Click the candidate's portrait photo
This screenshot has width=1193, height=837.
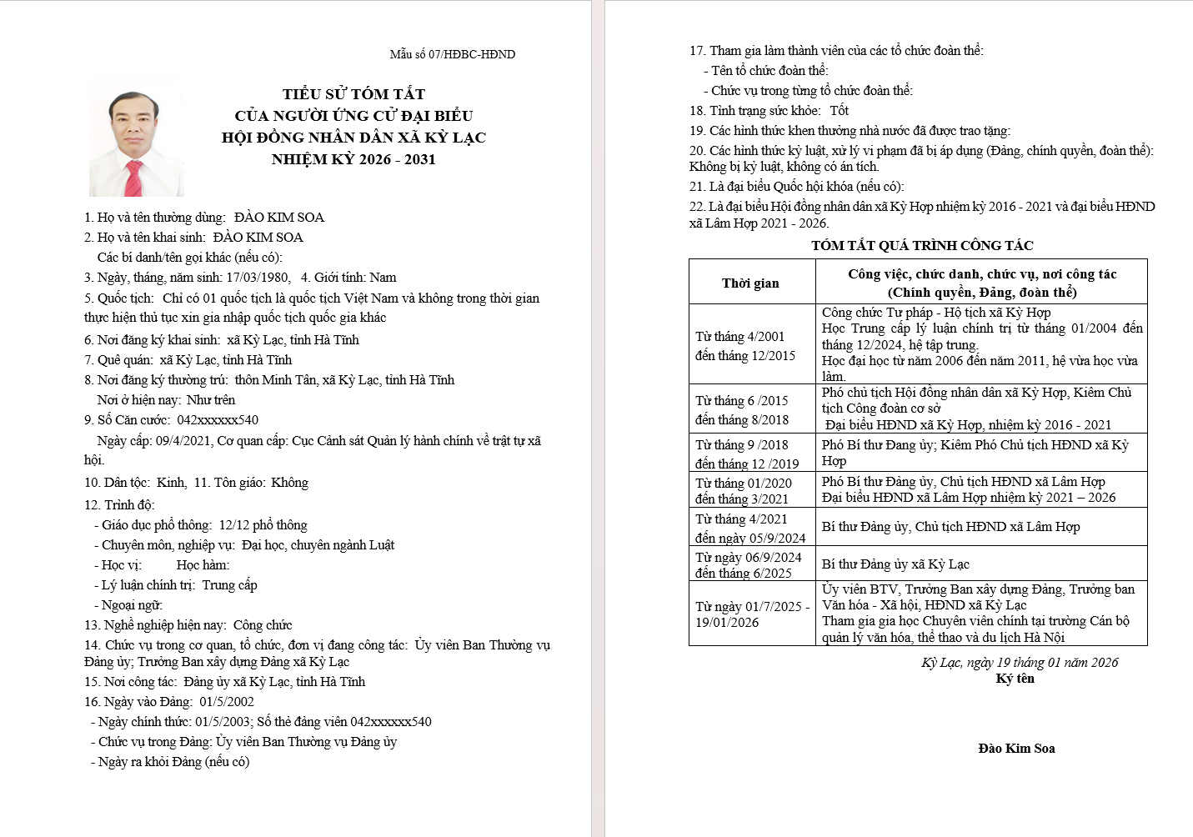pyautogui.click(x=136, y=138)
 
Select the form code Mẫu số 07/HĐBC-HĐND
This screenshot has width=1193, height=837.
pyautogui.click(x=452, y=54)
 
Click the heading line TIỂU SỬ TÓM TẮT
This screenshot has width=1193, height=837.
pyautogui.click(x=353, y=94)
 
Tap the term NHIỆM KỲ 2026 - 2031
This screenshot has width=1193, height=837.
pyautogui.click(x=353, y=159)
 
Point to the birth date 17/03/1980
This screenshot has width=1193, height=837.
pyautogui.click(x=258, y=278)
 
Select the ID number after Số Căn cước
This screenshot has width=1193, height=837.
pyautogui.click(x=218, y=420)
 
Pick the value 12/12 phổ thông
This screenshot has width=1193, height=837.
pyautogui.click(x=263, y=525)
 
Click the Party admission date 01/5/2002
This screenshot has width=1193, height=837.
pyautogui.click(x=227, y=702)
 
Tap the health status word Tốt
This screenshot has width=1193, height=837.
pyautogui.click(x=839, y=111)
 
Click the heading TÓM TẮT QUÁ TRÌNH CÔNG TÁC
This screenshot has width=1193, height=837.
pyautogui.click(x=922, y=246)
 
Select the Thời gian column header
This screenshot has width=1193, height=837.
pyautogui.click(x=750, y=283)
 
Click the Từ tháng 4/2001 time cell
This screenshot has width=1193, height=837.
pyautogui.click(x=745, y=346)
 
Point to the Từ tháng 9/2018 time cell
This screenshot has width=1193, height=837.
pyautogui.click(x=747, y=454)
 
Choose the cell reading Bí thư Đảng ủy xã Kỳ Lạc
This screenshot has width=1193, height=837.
pyautogui.click(x=895, y=564)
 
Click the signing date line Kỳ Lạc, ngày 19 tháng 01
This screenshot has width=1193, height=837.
pyautogui.click(x=1019, y=663)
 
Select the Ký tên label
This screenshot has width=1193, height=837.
pyautogui.click(x=1015, y=679)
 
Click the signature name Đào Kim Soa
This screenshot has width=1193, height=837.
pyautogui.click(x=1016, y=749)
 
